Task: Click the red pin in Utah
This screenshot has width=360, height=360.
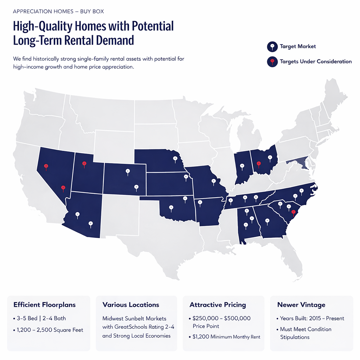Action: [x=84, y=164]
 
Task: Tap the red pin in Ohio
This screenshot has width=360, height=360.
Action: [x=259, y=163]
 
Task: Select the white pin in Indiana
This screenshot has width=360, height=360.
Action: [x=242, y=166]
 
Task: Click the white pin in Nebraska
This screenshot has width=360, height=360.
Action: [x=175, y=159]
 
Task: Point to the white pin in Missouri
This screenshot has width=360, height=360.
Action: [x=213, y=181]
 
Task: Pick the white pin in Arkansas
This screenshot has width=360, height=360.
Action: [x=200, y=202]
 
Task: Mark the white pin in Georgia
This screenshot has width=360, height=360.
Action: [x=267, y=221]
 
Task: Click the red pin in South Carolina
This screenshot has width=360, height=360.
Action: [x=293, y=212]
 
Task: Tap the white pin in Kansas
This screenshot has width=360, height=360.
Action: [x=186, y=177]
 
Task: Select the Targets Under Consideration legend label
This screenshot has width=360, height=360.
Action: [x=315, y=62]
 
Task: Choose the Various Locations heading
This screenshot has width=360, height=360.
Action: [x=131, y=305]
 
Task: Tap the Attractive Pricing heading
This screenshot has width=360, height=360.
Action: [x=218, y=305]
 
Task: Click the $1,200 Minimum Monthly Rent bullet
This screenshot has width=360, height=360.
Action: [x=226, y=337]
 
